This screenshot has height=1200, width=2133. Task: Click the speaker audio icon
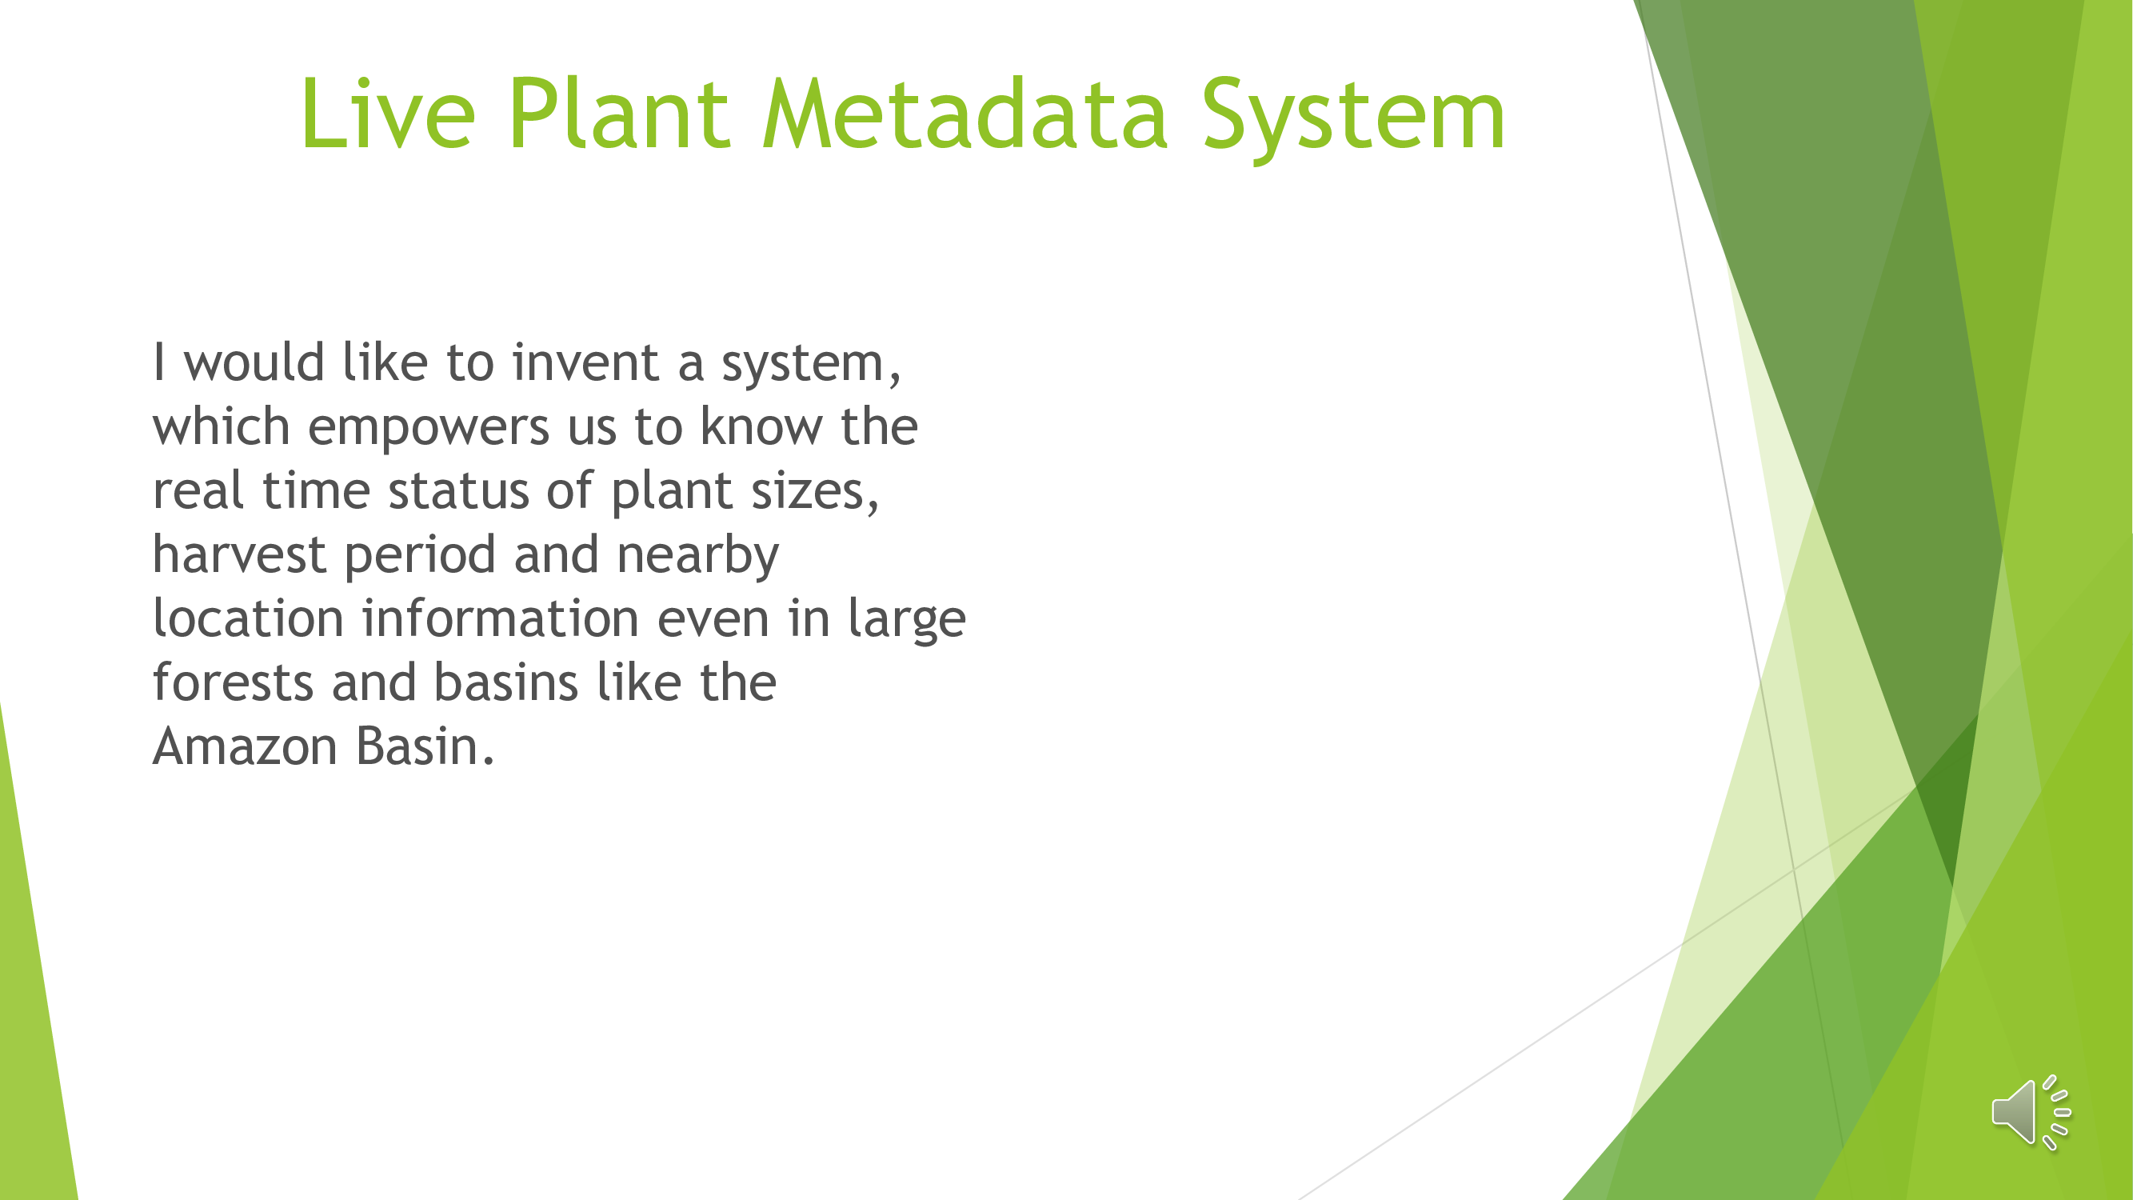click(2031, 1112)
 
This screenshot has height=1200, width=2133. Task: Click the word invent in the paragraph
click(585, 362)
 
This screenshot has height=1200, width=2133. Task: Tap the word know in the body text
click(761, 426)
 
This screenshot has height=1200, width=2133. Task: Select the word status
click(459, 491)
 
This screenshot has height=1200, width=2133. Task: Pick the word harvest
click(239, 554)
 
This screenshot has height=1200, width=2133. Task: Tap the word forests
click(233, 682)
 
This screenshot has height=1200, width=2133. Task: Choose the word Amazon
click(245, 746)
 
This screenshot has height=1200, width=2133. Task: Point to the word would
click(254, 362)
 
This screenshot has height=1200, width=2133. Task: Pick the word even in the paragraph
click(713, 620)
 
